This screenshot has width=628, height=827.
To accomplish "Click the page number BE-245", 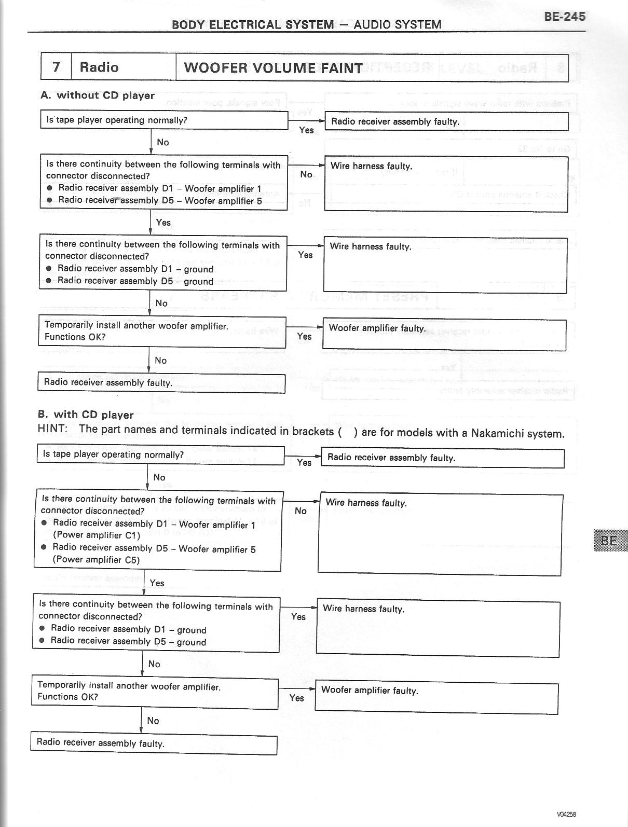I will pos(564,16).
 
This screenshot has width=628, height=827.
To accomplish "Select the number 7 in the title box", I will pos(56,67).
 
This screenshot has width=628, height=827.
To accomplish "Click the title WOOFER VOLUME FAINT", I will pos(273,68).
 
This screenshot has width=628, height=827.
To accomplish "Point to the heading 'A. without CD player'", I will pos(98,95).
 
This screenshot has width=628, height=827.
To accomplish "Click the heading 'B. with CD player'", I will pos(86,415).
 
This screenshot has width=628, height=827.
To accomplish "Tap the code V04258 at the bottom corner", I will pos(567,814).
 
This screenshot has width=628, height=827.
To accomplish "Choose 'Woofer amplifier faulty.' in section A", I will pos(377,328).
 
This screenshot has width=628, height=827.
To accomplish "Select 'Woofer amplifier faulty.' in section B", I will pos(370,690).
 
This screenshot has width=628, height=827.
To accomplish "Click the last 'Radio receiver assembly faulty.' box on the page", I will pos(100,743).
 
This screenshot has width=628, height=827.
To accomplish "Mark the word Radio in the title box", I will pos(99,67).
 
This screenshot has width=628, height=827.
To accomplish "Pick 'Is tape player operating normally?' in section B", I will pos(113,454).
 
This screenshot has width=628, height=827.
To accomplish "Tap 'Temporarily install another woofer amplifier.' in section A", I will pos(136,326).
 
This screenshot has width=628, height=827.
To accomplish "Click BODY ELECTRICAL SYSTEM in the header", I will pos(253,24).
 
